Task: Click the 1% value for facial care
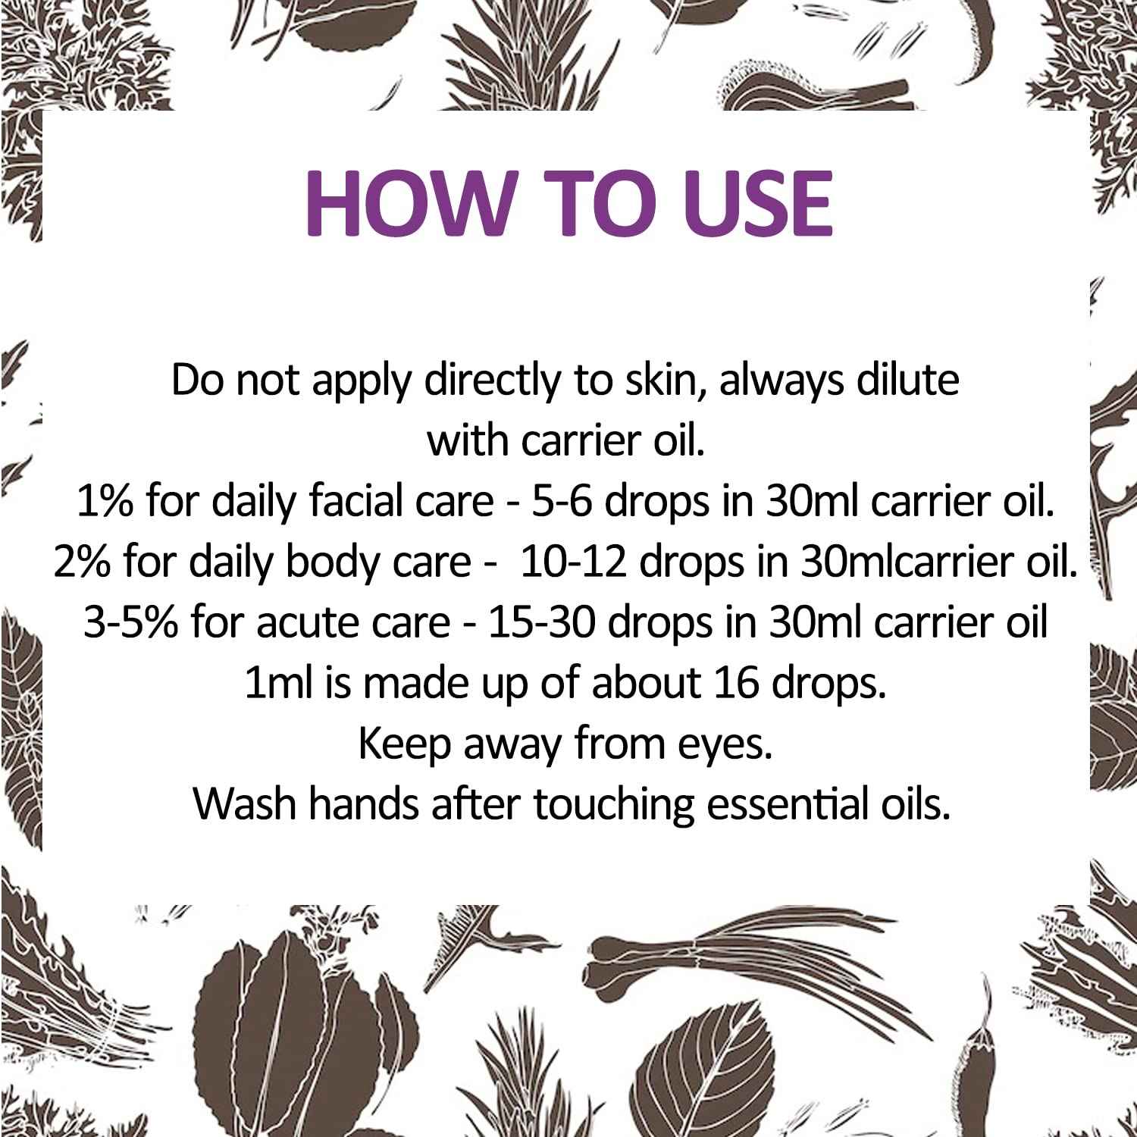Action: pos(105,502)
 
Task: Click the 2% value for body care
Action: pos(83,562)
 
